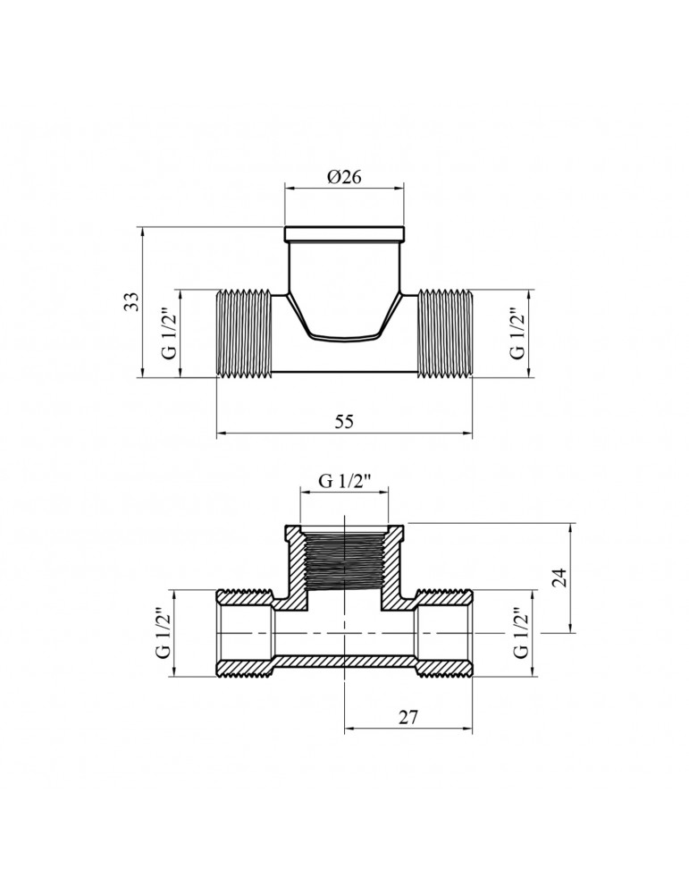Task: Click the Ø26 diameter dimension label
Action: pos(344,177)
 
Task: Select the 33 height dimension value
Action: pos(131,300)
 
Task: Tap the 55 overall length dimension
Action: pos(344,424)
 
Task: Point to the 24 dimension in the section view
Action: pos(559,577)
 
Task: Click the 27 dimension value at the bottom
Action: pos(408,717)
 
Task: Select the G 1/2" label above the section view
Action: pos(344,484)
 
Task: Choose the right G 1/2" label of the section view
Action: pos(522,633)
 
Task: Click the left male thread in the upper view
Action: pos(245,333)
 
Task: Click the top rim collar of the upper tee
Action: pos(344,234)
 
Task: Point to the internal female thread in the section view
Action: pos(344,561)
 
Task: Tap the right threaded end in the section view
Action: pos(443,633)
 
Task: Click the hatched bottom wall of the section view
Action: pos(344,662)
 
